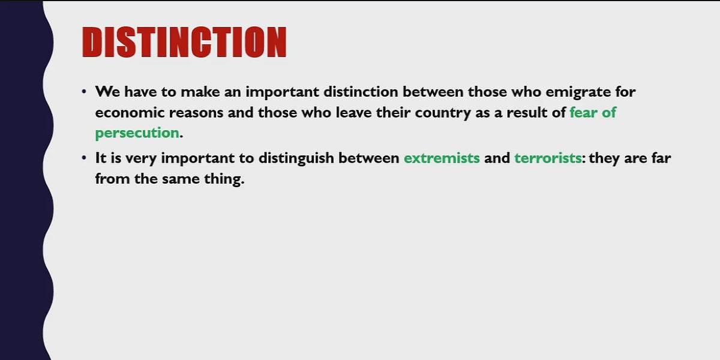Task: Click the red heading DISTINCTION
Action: tap(184, 42)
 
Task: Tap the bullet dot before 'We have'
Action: tap(84, 92)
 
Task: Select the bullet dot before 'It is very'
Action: tap(84, 159)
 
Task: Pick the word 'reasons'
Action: tap(206, 112)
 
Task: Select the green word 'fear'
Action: tap(583, 112)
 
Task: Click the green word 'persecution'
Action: tap(137, 133)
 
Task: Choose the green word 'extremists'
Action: tap(442, 159)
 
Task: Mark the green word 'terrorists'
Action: tap(548, 159)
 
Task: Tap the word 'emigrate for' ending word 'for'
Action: tap(624, 92)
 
